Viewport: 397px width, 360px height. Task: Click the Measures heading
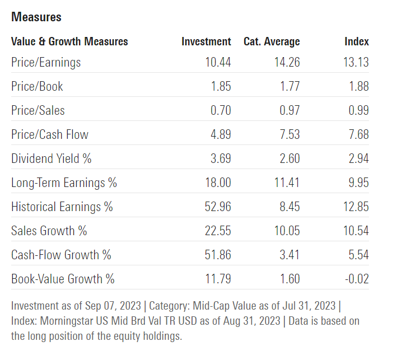click(36, 17)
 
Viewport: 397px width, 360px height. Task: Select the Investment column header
click(206, 41)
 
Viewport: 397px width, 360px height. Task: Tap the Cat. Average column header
click(272, 41)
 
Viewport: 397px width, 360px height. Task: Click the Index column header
click(356, 41)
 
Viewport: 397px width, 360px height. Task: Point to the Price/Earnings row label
click(46, 62)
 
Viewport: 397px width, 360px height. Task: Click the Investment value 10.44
click(218, 62)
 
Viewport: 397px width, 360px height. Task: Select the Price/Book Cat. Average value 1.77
click(289, 86)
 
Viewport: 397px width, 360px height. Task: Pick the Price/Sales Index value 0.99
click(358, 110)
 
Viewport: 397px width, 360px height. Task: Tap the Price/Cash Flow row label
click(50, 134)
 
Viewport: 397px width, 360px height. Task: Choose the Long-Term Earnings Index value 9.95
click(358, 183)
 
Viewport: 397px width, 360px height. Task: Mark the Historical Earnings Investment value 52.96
click(218, 207)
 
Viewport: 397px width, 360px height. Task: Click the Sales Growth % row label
click(49, 231)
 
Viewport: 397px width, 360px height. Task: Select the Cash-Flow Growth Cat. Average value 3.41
click(289, 255)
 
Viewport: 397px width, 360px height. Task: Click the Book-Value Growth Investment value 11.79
click(218, 279)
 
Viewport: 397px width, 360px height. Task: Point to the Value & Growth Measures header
click(69, 41)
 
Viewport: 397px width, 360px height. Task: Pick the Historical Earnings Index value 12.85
click(356, 207)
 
